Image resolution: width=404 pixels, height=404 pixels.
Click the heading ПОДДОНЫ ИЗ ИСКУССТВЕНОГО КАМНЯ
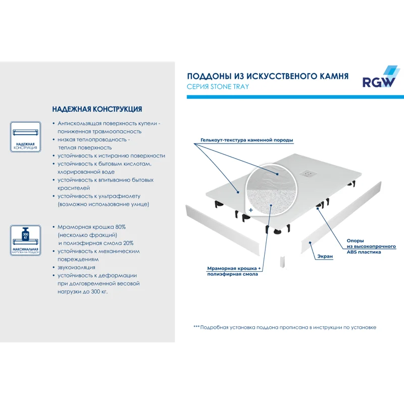[268, 76]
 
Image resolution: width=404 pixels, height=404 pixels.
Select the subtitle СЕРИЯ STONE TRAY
[218, 87]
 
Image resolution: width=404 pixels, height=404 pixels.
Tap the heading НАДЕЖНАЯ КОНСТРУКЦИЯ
[97, 109]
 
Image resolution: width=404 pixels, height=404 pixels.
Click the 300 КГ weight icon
[25, 235]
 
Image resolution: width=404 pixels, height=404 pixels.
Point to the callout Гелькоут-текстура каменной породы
[246, 140]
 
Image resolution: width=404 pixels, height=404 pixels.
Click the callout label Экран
[325, 257]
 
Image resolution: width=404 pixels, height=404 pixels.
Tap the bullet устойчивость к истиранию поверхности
[111, 156]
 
